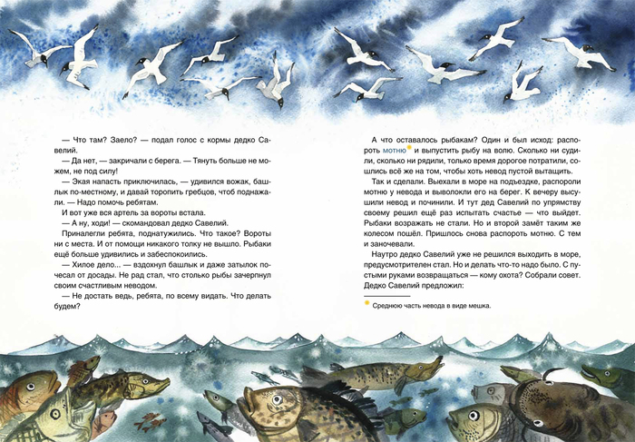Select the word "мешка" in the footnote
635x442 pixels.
click(477, 306)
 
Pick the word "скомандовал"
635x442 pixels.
click(142, 221)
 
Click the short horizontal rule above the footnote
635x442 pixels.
click(385, 296)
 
